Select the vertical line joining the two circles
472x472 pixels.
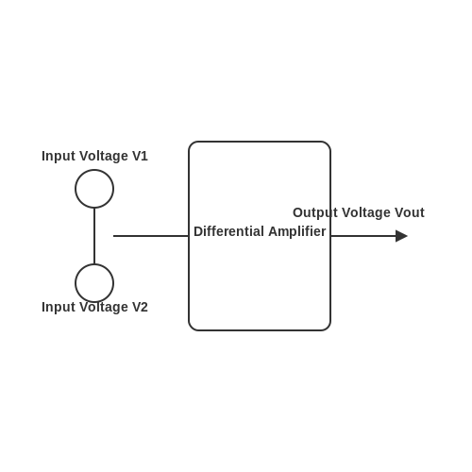[x=94, y=236]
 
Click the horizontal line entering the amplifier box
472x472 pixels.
[x=151, y=236]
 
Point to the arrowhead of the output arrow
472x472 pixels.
[x=401, y=236]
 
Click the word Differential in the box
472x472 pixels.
[x=228, y=231]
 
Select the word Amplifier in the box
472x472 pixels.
[x=297, y=231]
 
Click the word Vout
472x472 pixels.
[x=410, y=212]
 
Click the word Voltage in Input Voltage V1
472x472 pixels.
[x=104, y=157]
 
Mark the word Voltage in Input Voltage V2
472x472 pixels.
[x=104, y=308]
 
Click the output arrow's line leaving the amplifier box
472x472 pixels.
[x=363, y=236]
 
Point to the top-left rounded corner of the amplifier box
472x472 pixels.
[x=192, y=144]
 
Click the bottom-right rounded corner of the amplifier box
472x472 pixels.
[x=328, y=328]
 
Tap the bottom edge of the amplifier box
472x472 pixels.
[x=260, y=330]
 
